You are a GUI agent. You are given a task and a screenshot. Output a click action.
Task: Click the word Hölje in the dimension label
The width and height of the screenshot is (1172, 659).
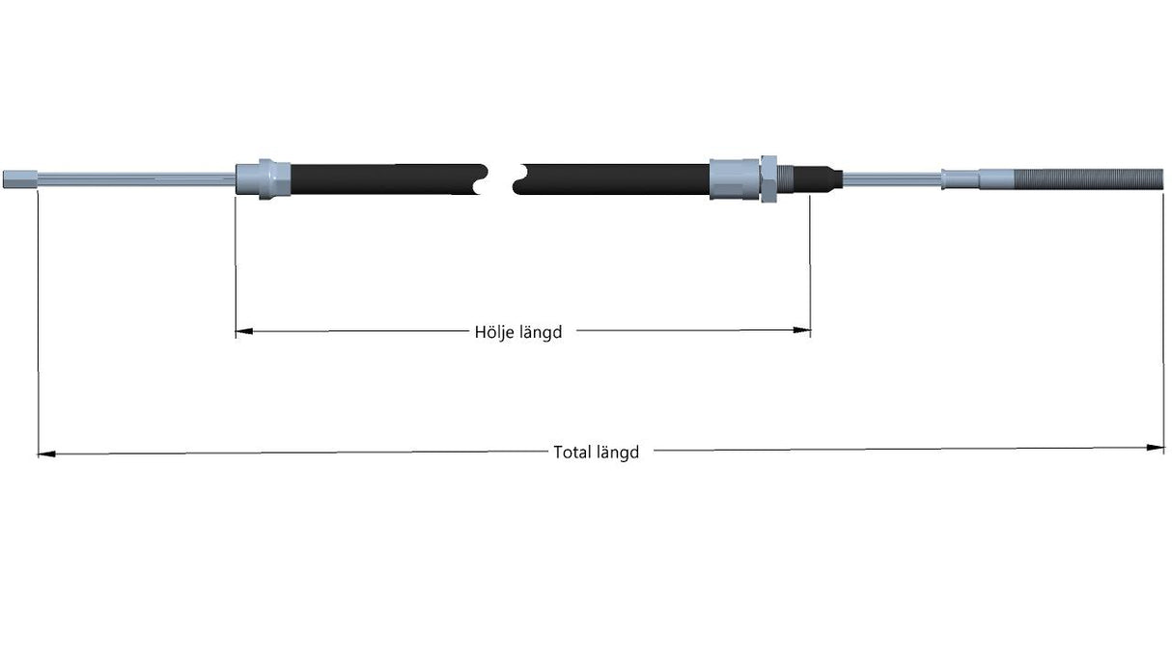[491, 332]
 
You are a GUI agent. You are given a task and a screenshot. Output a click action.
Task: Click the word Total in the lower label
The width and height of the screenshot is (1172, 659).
[572, 453]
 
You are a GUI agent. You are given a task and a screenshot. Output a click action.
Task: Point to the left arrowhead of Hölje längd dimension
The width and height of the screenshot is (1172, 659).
[244, 331]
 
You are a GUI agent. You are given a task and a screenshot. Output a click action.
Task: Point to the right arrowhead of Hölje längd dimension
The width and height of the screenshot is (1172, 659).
[801, 330]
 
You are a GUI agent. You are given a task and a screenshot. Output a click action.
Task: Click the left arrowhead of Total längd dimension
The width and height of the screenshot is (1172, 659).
[46, 454]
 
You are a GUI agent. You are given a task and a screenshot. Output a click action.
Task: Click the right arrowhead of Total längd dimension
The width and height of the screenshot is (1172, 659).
[1155, 447]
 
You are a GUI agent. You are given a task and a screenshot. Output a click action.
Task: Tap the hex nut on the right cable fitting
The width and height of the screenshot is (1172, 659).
[768, 178]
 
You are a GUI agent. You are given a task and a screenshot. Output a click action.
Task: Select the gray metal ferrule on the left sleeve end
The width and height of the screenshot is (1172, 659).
[263, 179]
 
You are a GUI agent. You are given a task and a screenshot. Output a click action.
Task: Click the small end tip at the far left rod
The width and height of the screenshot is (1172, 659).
[20, 179]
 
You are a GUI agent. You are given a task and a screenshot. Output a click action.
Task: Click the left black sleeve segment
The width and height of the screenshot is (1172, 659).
[387, 179]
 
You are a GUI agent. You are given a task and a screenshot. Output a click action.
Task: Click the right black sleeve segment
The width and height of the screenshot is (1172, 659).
[611, 179]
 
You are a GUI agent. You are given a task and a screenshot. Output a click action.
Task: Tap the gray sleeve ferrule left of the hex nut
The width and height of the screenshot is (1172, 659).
[735, 179]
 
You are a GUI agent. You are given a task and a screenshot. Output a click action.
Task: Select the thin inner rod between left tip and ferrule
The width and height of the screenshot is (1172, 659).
[136, 179]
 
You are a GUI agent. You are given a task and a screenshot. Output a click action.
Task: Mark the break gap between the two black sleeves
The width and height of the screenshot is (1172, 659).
[500, 179]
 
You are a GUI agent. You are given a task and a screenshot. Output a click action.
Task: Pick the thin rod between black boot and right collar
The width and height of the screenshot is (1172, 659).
[892, 179]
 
